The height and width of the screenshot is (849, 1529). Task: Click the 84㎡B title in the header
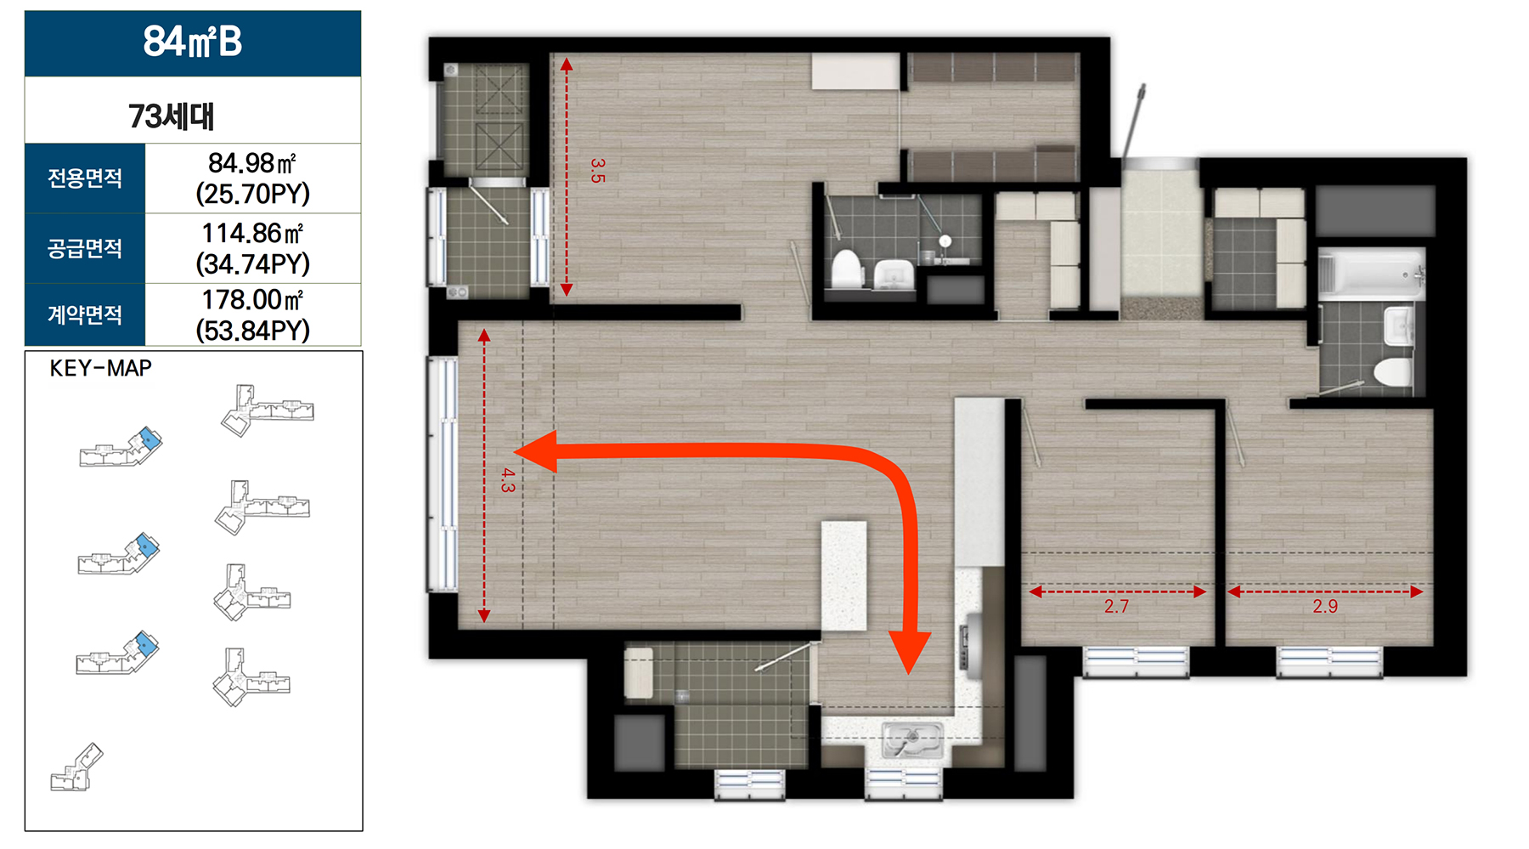pyautogui.click(x=193, y=42)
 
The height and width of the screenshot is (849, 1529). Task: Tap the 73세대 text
pyautogui.click(x=172, y=116)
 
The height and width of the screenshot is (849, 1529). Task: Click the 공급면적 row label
pyautogui.click(x=85, y=248)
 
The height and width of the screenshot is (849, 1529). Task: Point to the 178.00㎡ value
pyautogui.click(x=252, y=300)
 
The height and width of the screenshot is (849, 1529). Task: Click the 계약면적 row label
pyautogui.click(x=85, y=314)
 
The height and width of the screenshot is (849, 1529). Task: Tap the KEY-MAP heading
pyautogui.click(x=101, y=368)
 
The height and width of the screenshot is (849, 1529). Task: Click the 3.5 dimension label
pyautogui.click(x=597, y=170)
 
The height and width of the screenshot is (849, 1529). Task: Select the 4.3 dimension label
pyautogui.click(x=507, y=480)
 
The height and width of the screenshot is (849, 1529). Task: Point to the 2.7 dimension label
pyautogui.click(x=1116, y=606)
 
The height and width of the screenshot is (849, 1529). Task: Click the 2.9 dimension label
pyautogui.click(x=1325, y=606)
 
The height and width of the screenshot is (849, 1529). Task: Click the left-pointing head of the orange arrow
pyautogui.click(x=536, y=451)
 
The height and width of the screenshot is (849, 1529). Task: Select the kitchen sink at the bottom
pyautogui.click(x=913, y=739)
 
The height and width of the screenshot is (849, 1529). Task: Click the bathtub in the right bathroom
pyautogui.click(x=1371, y=274)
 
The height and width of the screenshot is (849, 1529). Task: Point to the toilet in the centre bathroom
pyautogui.click(x=847, y=269)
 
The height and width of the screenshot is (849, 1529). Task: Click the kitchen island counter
pyautogui.click(x=843, y=575)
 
